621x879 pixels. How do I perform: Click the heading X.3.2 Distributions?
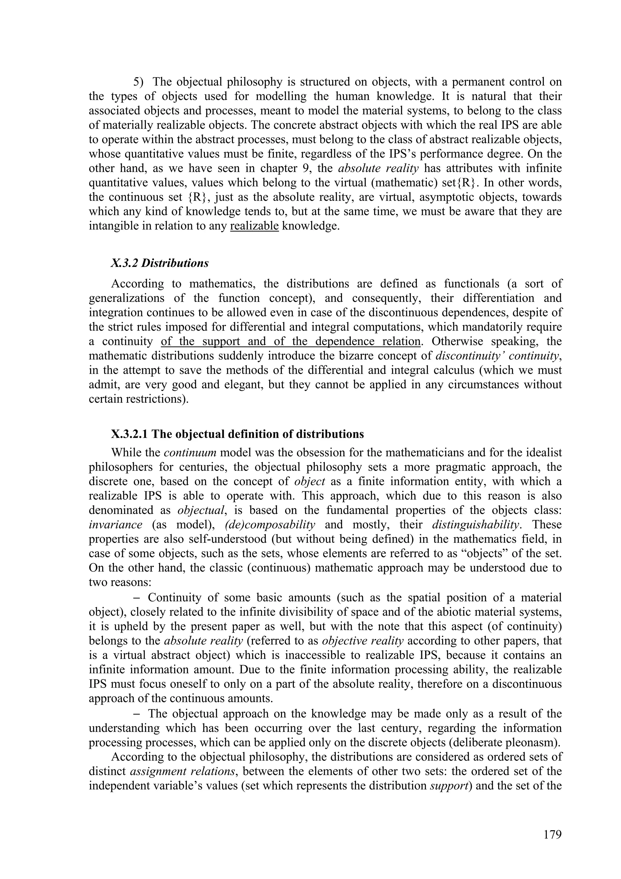coord(159,263)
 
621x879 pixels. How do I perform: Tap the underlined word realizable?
coord(254,226)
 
